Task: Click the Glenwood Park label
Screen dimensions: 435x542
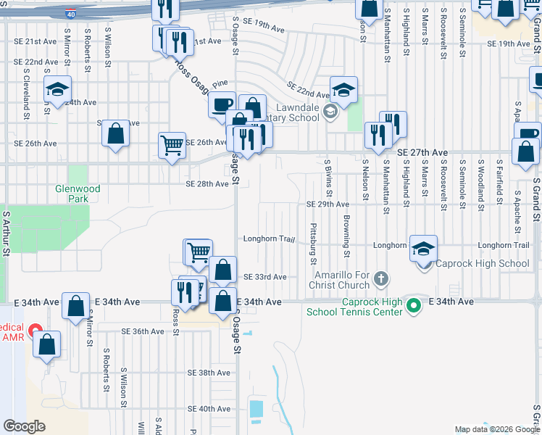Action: point(72,193)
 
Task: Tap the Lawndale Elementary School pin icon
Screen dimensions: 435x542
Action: point(330,112)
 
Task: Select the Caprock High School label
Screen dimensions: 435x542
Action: point(482,263)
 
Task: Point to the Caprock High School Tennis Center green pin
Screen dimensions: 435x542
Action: point(414,307)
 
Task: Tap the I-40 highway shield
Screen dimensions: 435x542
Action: point(70,14)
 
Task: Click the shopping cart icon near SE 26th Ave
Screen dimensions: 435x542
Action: point(172,145)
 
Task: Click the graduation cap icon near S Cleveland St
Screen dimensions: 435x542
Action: point(57,89)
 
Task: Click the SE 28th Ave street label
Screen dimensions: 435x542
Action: point(207,184)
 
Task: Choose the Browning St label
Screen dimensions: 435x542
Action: point(347,237)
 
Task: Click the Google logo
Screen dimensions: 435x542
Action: point(25,426)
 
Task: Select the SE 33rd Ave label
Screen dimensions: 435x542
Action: point(265,277)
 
